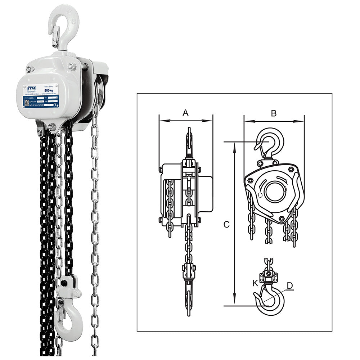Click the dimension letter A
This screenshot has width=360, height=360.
185,113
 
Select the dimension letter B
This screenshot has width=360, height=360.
274,113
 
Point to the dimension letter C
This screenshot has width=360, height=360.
226,224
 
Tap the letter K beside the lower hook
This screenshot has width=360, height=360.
255,283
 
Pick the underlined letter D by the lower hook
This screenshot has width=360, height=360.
289,285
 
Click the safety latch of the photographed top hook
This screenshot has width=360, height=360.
55,36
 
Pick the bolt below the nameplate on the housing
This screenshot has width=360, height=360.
52,126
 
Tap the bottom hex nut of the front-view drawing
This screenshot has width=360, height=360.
281,219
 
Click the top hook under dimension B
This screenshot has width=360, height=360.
270,142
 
